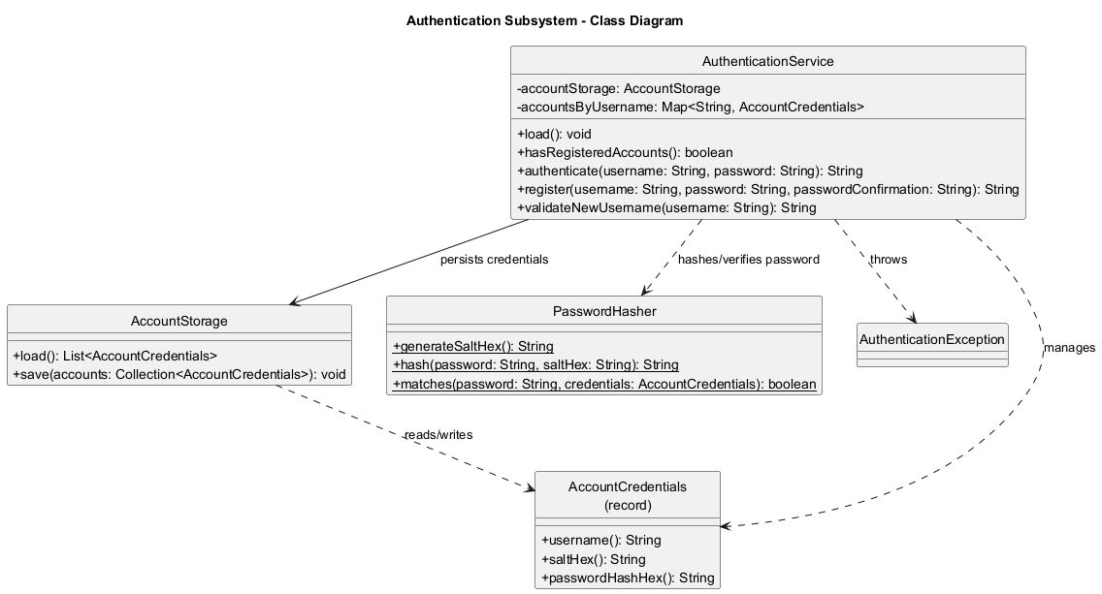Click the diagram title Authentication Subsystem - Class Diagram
pyautogui.click(x=544, y=20)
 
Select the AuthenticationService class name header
pyautogui.click(x=767, y=62)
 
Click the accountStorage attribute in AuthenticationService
pyautogui.click(x=618, y=88)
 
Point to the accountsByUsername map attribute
pyautogui.click(x=690, y=107)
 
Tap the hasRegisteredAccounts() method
pyautogui.click(x=625, y=152)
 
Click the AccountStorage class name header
pyautogui.click(x=178, y=321)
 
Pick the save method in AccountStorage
pyautogui.click(x=178, y=374)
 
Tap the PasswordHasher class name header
pyautogui.click(x=603, y=311)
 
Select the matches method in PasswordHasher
pyautogui.click(x=603, y=384)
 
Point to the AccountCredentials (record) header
pyautogui.click(x=627, y=495)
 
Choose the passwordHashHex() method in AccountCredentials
pyautogui.click(x=627, y=578)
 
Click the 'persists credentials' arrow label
pyautogui.click(x=494, y=260)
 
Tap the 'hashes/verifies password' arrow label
pyautogui.click(x=748, y=260)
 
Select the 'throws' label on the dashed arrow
pyautogui.click(x=888, y=260)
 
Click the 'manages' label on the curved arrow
pyautogui.click(x=1069, y=347)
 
